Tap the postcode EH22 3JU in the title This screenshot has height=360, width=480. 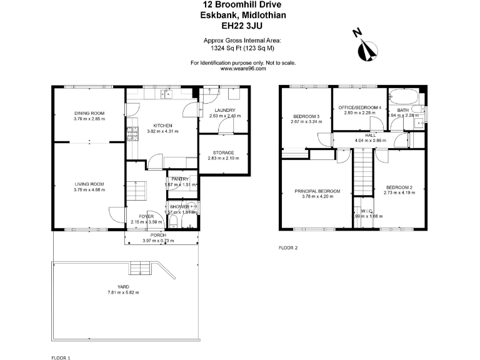click(240, 26)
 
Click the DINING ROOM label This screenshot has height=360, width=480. click(89, 113)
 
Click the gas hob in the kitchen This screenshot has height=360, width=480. click(132, 134)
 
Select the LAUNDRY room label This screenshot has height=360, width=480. click(224, 110)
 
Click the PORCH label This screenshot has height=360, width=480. click(159, 236)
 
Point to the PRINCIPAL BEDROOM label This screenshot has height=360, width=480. click(318, 191)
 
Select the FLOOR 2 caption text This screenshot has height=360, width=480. click(288, 248)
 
